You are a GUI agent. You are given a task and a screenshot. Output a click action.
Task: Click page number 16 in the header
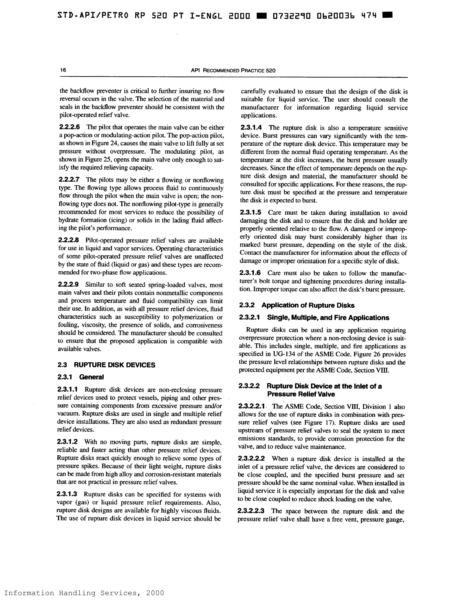[x=63, y=70]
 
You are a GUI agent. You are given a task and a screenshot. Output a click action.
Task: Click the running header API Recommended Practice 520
[x=233, y=71]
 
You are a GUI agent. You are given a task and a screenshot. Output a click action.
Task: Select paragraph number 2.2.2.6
[x=70, y=127]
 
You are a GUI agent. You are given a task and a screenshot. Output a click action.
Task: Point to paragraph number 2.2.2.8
[x=69, y=240]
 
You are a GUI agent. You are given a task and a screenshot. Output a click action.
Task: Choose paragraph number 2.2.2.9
[x=68, y=285]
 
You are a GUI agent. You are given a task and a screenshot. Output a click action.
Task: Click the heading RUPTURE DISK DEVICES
[x=114, y=365]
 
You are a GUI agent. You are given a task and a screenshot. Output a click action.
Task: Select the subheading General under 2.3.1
[x=91, y=377]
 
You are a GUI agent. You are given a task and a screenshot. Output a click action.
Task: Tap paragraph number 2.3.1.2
[x=67, y=442]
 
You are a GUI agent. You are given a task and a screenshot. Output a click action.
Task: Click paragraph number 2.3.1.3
[x=67, y=494]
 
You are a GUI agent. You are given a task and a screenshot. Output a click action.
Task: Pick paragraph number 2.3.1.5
[x=250, y=212]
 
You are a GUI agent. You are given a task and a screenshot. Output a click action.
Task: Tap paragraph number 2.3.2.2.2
[x=251, y=459]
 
